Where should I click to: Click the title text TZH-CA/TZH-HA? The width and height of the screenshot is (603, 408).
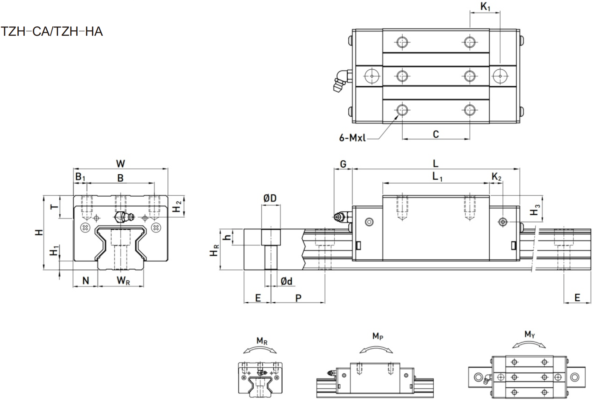[x=52, y=32]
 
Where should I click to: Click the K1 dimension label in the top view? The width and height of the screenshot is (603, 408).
[x=485, y=6]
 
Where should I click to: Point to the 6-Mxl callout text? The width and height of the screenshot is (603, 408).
[x=352, y=138]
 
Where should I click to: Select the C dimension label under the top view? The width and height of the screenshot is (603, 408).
[x=436, y=134]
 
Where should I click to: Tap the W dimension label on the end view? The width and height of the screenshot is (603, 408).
[x=120, y=163]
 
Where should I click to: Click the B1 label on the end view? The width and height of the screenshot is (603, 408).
[x=80, y=177]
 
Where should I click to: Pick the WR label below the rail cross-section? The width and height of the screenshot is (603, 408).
[x=123, y=280]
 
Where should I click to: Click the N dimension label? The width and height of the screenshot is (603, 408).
[x=86, y=280]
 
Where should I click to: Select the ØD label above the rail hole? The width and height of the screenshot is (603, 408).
[x=270, y=198]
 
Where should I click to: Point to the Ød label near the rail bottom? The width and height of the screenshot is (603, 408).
[x=286, y=281]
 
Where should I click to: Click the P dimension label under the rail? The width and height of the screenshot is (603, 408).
[x=298, y=298]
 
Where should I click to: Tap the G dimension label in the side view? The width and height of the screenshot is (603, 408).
[x=343, y=164]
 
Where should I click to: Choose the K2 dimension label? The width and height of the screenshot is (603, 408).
[x=496, y=177]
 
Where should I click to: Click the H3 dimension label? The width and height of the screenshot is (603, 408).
[x=535, y=210]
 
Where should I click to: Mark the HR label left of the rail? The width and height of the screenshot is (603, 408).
[x=214, y=250]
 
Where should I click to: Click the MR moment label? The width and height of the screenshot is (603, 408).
[x=262, y=341]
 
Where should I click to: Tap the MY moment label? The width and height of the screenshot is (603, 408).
[x=530, y=335]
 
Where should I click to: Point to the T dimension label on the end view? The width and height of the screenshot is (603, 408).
[x=54, y=207]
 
